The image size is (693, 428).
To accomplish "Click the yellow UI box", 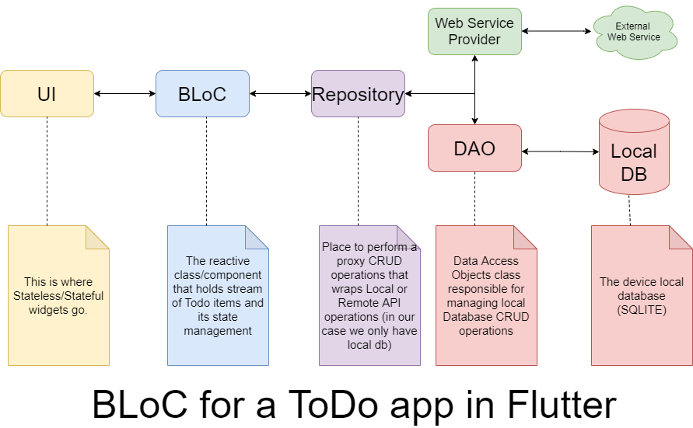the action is [47, 93].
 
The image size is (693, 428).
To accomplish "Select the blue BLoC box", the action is [202, 93].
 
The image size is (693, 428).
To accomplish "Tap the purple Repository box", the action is [358, 93].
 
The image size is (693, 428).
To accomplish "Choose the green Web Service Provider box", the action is [474, 31].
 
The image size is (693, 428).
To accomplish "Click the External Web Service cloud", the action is [634, 32].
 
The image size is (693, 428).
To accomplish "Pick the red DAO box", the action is [474, 148].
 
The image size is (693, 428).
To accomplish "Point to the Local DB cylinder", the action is [634, 151].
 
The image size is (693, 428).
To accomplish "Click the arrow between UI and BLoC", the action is [124, 93].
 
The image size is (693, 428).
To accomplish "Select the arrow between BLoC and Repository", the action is [280, 93].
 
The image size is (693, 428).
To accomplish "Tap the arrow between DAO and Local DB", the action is [561, 151].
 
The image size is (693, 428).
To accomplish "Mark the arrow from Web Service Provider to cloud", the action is [556, 31].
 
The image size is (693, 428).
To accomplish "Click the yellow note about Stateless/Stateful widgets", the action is [58, 296].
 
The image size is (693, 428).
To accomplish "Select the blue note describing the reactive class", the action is [218, 296].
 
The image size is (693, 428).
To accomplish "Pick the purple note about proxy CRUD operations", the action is [369, 296].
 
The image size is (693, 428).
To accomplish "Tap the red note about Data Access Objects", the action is [486, 296].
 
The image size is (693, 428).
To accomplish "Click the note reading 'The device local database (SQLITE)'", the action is [642, 296].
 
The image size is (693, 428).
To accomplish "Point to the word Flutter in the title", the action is [562, 404].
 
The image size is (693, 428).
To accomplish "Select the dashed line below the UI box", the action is [47, 171].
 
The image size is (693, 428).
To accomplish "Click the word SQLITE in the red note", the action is [642, 310].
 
